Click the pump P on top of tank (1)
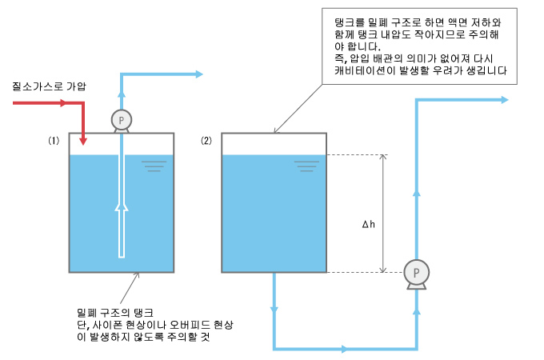pos(122,121)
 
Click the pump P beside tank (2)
pos(416,274)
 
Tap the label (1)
pos(54,141)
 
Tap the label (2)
pos(206,141)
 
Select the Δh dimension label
pos(369,224)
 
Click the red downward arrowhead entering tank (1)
pos(83,141)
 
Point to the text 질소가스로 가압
pos(49,86)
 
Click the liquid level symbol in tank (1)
pos(154,166)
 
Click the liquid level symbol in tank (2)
pos(306,166)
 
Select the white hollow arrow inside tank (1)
pos(122,230)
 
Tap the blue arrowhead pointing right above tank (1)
pos(198,74)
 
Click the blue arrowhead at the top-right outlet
pos(505,100)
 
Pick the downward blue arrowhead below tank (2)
pos(274,310)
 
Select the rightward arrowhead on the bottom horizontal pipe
pos(344,349)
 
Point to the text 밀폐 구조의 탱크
pos(115,313)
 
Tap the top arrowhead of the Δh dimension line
pos(382,157)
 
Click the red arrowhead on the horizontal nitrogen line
pos(62,102)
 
